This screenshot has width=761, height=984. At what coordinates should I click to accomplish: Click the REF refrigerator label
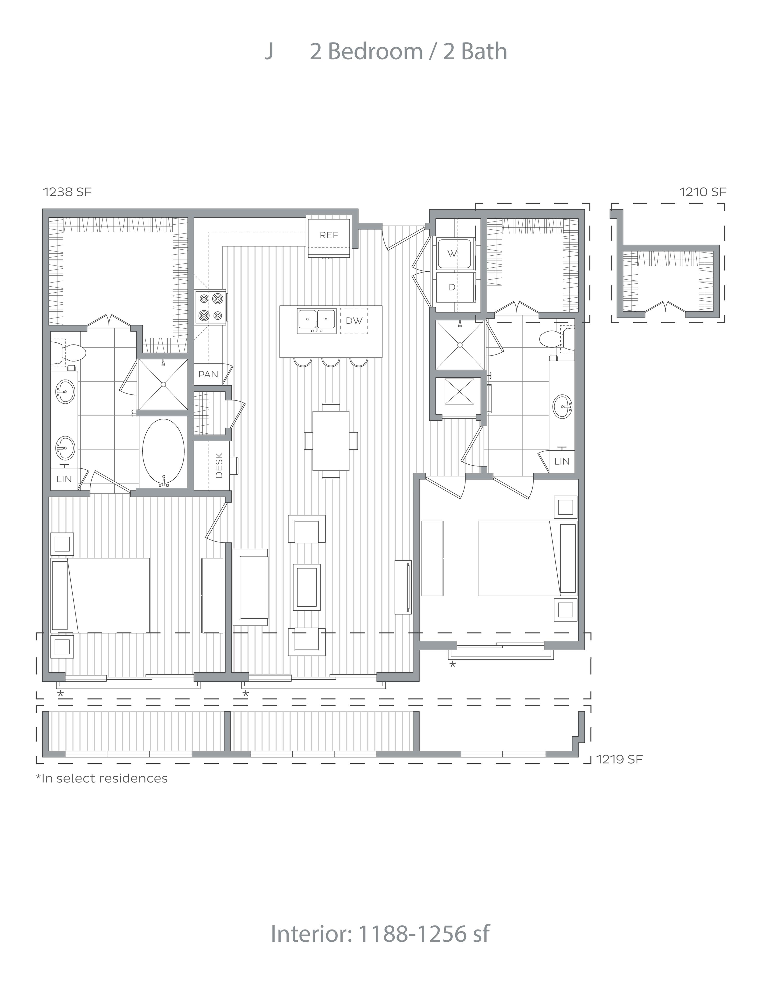329,235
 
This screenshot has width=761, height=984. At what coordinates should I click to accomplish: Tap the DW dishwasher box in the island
354,321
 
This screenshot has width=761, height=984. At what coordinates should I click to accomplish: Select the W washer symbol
453,254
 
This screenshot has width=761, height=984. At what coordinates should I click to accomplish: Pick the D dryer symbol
452,287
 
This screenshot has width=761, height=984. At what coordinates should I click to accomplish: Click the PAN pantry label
208,374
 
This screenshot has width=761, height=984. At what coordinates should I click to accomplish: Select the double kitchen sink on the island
316,321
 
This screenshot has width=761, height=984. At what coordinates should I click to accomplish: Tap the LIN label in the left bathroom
64,479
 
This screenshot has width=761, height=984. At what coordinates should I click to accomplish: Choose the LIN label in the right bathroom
562,461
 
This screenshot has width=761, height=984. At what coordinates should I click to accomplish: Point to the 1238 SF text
67,192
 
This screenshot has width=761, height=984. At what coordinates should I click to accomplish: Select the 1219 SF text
619,759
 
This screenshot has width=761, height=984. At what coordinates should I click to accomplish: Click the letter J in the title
269,51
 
